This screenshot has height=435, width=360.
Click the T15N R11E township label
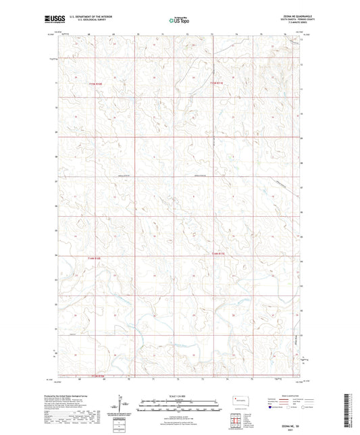(215, 84)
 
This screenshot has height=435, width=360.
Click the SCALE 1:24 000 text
(180, 396)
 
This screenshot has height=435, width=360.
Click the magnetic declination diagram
(123, 405)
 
